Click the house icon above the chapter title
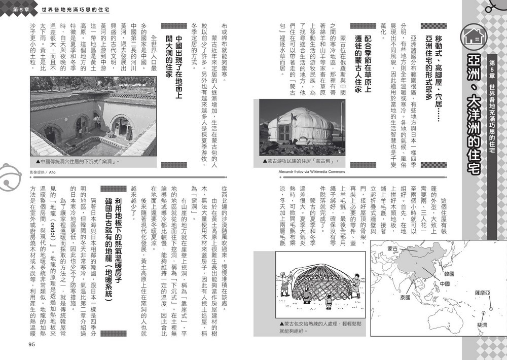pos(475,35)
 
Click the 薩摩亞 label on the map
pos(482,293)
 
